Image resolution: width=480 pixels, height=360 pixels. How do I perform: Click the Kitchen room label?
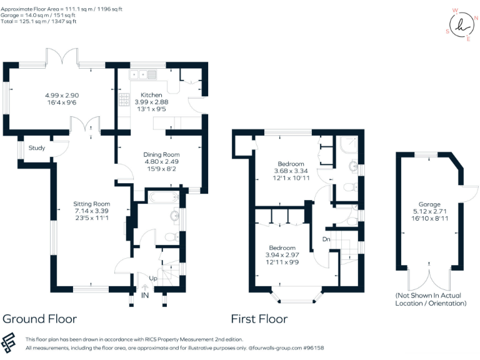tap(151, 94)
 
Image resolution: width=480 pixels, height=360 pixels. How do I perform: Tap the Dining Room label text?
tap(161, 154)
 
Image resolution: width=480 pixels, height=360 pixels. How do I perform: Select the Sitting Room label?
tap(91, 204)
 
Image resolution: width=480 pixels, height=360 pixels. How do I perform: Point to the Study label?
tap(37, 148)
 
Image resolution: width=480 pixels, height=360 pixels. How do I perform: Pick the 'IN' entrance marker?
tap(145, 295)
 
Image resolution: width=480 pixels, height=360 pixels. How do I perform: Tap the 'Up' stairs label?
tap(152, 277)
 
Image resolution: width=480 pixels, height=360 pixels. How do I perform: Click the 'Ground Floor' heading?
tap(39, 319)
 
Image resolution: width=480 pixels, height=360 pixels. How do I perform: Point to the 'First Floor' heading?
tap(259, 319)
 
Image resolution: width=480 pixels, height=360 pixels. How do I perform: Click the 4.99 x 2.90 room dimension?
tap(62, 96)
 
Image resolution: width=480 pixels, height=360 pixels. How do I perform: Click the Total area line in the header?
tap(39, 21)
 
